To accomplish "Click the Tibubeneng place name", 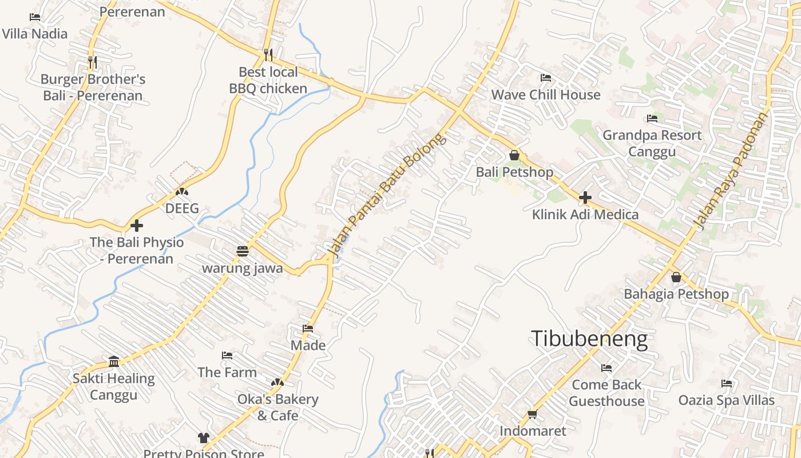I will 589,339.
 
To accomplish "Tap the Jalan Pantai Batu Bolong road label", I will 386,195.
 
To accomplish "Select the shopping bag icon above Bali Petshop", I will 514,155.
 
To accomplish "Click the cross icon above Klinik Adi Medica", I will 585,198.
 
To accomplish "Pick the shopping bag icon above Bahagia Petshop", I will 676,278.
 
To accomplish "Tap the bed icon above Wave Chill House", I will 546,78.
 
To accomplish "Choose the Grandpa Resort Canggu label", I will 652,143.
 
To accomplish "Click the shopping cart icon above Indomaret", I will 532,414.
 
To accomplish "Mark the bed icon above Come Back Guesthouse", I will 606,368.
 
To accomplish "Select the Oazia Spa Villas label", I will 726,400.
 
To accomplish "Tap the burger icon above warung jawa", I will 242,251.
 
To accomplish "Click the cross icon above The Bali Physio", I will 136,226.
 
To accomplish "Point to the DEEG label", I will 182,208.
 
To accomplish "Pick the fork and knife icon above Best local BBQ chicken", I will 268,55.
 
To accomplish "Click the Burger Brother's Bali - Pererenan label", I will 93,87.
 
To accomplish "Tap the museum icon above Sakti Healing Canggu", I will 113,362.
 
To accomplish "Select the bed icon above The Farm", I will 227,356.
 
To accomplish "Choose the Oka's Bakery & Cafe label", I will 277,407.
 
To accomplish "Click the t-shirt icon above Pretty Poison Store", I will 204,438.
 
